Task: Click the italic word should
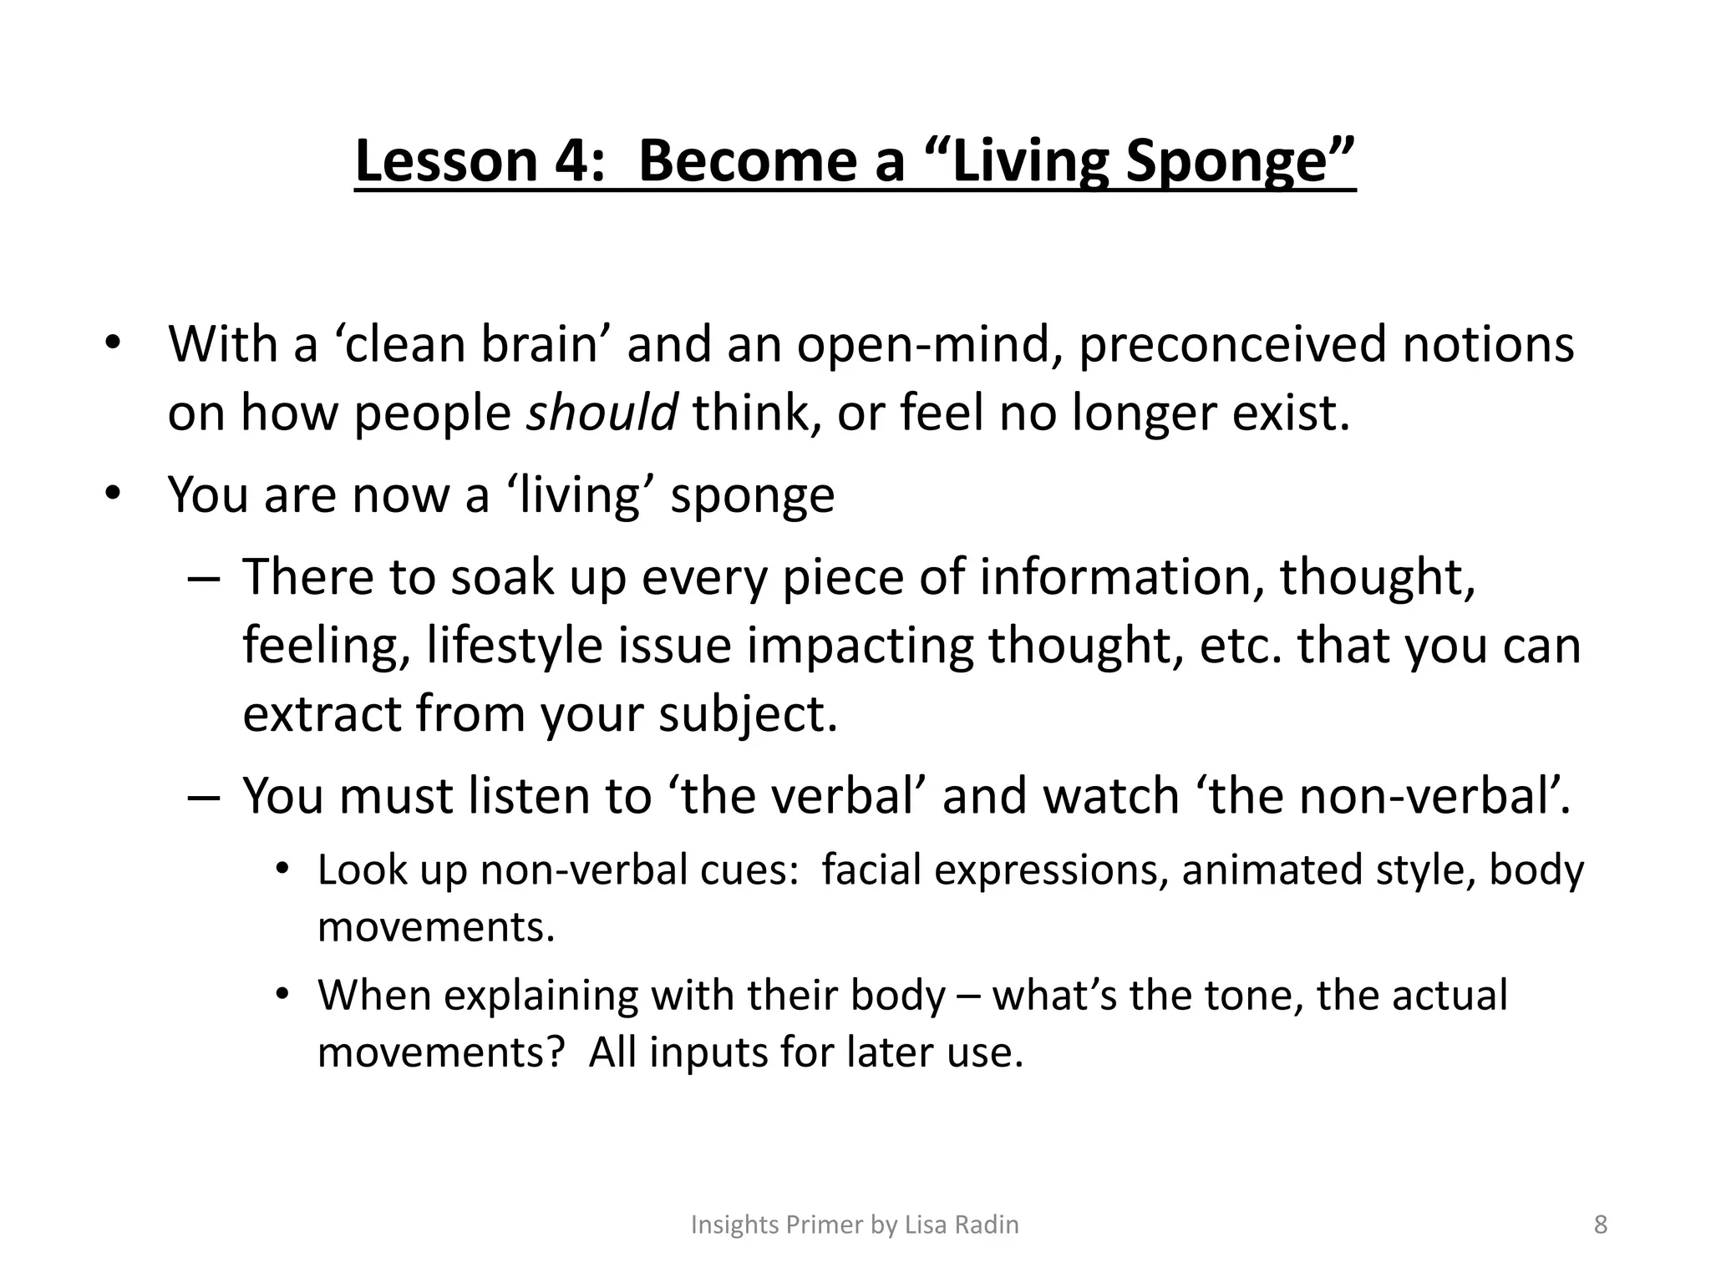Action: click(x=602, y=412)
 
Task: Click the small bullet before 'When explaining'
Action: click(x=283, y=995)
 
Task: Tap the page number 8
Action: click(x=1601, y=1225)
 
